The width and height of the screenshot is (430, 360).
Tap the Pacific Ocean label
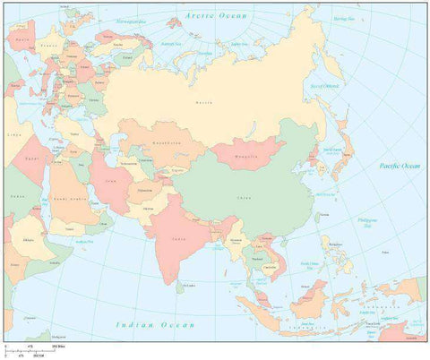pos(399,166)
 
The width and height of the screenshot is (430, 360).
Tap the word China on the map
pos(242,195)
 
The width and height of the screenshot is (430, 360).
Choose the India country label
pos(179,238)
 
